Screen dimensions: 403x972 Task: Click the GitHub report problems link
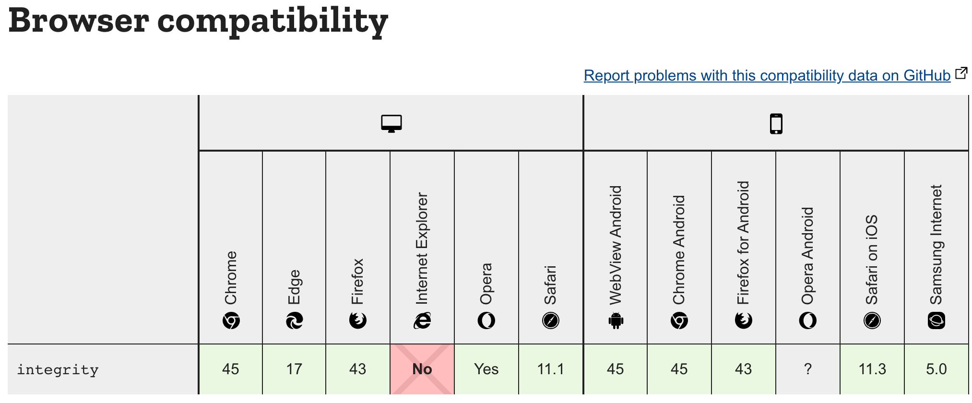click(x=767, y=76)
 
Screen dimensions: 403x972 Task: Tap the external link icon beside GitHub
click(x=961, y=73)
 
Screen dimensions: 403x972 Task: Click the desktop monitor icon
click(x=391, y=123)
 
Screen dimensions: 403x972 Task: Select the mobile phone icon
click(x=776, y=124)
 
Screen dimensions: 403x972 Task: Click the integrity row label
click(x=58, y=369)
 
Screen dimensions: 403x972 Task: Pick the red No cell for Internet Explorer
click(x=422, y=369)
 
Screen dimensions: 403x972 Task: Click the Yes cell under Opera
click(x=486, y=369)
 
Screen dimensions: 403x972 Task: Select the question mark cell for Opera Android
click(x=808, y=369)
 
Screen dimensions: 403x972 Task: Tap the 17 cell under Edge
click(x=294, y=369)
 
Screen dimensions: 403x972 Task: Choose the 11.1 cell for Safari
click(x=550, y=369)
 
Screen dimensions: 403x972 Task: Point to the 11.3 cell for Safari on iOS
click(x=872, y=369)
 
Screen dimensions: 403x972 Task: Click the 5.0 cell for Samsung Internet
click(x=936, y=369)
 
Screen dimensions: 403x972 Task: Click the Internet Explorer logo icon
click(x=422, y=320)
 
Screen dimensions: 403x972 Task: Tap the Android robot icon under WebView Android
click(x=616, y=320)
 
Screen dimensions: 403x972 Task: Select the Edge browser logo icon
click(x=294, y=320)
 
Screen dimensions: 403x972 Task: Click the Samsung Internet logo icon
click(x=936, y=320)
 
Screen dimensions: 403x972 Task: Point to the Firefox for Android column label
click(x=743, y=243)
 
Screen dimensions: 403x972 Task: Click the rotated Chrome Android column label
click(x=679, y=250)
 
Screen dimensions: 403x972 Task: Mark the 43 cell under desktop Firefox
click(x=358, y=369)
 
